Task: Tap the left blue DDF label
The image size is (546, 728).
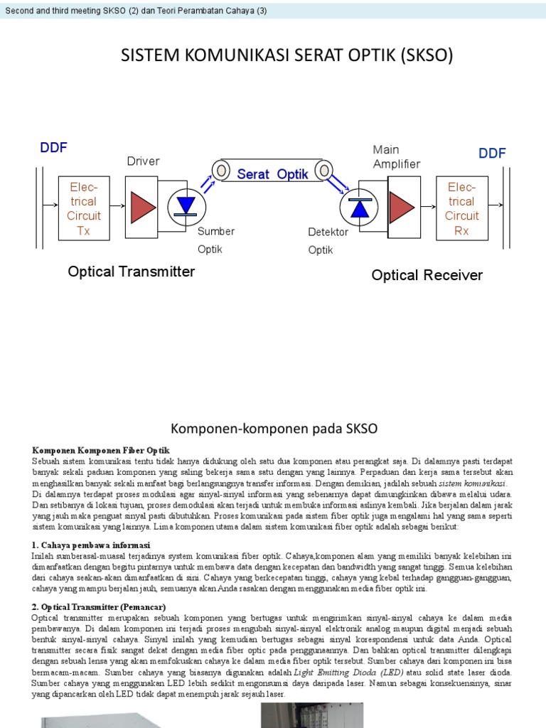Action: pos(53,148)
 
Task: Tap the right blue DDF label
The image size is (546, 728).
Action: pos(492,154)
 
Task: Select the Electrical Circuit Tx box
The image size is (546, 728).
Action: pos(84,208)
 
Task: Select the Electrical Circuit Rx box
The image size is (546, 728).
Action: pos(462,208)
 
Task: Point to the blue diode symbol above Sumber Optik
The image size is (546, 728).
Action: pos(186,205)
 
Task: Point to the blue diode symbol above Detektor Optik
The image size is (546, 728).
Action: pos(360,207)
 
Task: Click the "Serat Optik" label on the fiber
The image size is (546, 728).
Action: pos(272,174)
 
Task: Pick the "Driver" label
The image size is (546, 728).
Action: pos(143,161)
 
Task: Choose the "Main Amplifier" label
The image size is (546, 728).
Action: pos(397,156)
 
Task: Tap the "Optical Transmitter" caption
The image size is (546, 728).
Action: pos(131,272)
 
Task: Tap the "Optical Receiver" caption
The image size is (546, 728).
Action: pos(427,275)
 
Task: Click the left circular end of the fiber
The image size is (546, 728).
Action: pos(221,171)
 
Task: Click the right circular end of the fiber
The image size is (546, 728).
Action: pos(323,171)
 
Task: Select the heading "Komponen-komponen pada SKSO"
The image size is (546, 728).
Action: pos(274,428)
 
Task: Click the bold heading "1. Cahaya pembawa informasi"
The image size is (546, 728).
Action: pos(90,545)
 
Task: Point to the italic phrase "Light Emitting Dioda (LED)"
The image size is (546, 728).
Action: pos(348,672)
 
